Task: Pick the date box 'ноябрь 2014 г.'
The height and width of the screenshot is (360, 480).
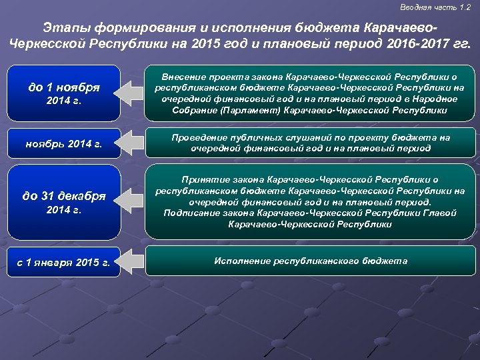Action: coord(65,143)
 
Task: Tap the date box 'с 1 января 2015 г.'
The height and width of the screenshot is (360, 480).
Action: coord(65,262)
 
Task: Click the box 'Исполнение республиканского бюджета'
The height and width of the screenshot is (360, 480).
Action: coord(310,261)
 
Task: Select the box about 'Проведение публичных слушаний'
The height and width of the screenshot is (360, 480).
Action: coord(310,143)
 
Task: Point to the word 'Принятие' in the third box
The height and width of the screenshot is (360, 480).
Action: coord(203,179)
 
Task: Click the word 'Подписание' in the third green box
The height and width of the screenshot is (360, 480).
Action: coord(188,213)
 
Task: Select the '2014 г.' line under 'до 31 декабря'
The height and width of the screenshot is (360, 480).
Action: coord(65,211)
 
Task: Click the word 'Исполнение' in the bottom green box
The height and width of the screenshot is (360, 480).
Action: coord(240,261)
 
